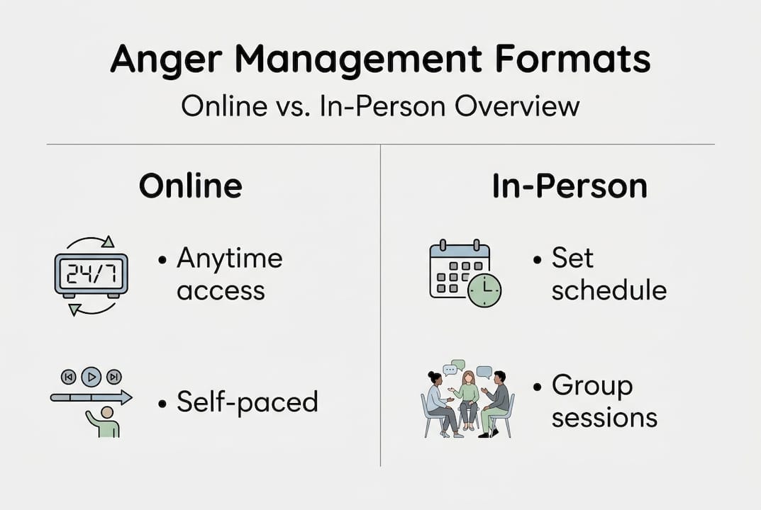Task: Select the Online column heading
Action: [x=190, y=186]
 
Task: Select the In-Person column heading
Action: [x=570, y=186]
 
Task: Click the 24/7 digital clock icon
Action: [x=91, y=274]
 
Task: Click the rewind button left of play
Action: [x=68, y=376]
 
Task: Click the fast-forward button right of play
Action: [x=114, y=376]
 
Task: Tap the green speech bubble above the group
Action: [x=458, y=365]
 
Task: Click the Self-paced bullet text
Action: [x=246, y=402]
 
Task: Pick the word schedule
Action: [x=609, y=290]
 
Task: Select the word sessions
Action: [x=604, y=417]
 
